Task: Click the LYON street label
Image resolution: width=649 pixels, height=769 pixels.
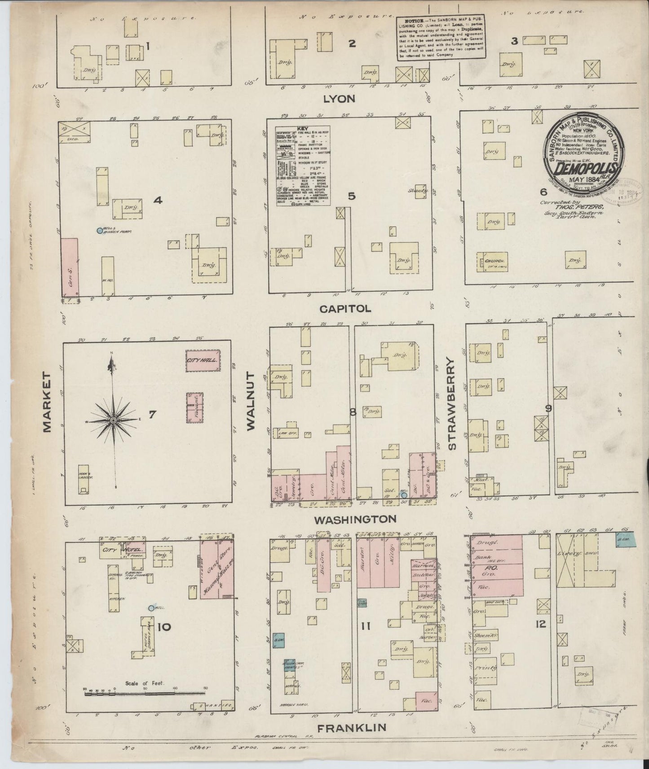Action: [340, 99]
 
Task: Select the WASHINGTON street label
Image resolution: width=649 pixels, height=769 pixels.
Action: [355, 520]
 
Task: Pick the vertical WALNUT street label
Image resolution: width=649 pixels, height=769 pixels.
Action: [250, 402]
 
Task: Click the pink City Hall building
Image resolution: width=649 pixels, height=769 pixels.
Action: [203, 360]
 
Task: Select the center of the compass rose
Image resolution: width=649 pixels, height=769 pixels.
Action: [114, 420]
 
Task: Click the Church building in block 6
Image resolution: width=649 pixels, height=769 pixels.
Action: [495, 261]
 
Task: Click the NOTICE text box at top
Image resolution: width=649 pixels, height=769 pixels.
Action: [440, 39]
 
